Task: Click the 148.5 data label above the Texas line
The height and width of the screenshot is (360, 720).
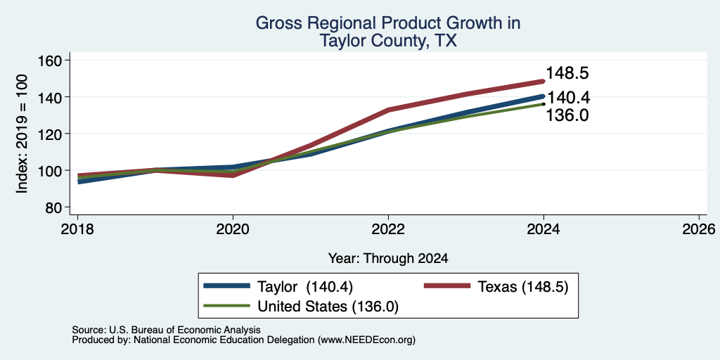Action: (x=567, y=73)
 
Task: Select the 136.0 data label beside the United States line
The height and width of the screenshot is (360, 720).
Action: (x=567, y=115)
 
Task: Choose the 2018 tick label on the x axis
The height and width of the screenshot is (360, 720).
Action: (x=77, y=229)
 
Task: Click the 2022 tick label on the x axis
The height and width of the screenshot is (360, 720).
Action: (x=388, y=229)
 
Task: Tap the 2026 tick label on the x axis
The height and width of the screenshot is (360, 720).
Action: (x=699, y=229)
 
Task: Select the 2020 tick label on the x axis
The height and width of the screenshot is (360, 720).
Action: (x=233, y=229)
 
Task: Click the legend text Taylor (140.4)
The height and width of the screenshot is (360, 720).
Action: (x=305, y=287)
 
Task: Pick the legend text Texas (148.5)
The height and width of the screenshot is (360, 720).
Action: (x=523, y=287)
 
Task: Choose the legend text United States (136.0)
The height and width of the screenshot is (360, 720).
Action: (x=328, y=307)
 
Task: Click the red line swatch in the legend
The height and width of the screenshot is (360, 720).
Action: (x=446, y=286)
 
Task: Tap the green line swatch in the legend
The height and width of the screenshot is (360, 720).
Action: (x=227, y=306)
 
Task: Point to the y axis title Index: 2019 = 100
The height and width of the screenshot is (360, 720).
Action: (x=22, y=134)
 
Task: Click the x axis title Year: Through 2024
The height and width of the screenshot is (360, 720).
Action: (x=388, y=259)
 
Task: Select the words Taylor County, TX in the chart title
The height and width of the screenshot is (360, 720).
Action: (x=388, y=41)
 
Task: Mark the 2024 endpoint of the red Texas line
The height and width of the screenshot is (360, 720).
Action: (x=544, y=82)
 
